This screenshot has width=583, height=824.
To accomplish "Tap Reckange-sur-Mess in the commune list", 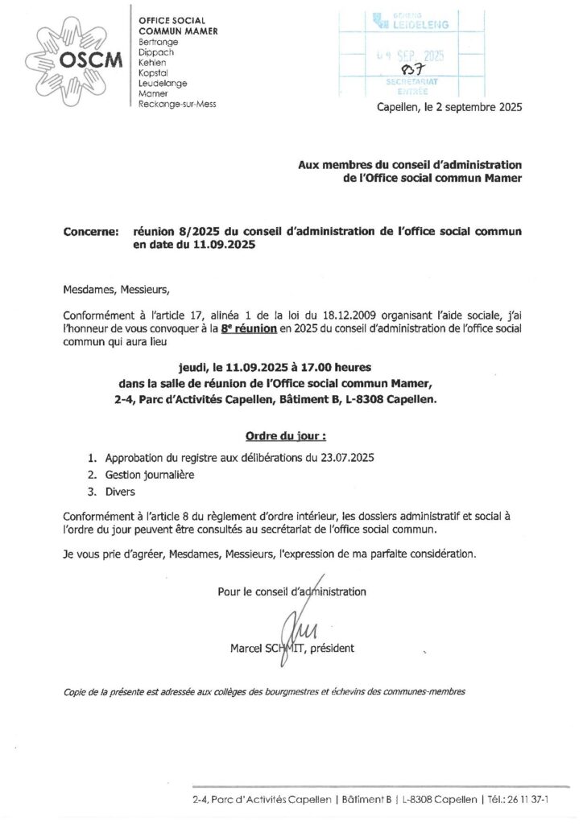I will coord(177,104).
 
